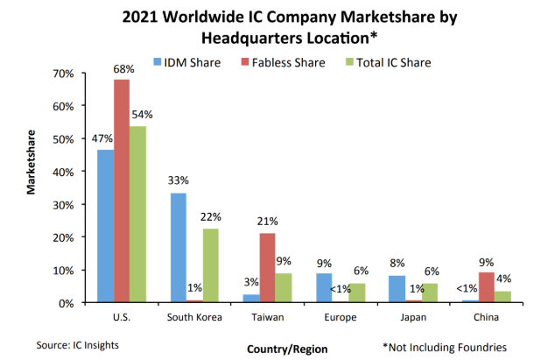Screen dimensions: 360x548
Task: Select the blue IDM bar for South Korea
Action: coord(178,248)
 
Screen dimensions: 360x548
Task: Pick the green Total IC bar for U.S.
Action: coord(138,215)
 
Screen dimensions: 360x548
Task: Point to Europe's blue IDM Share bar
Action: coord(323,288)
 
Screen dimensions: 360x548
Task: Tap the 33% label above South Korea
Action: coord(178,182)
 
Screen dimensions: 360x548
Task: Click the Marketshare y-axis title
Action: coord(32,188)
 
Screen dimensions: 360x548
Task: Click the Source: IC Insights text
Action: coord(79,345)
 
